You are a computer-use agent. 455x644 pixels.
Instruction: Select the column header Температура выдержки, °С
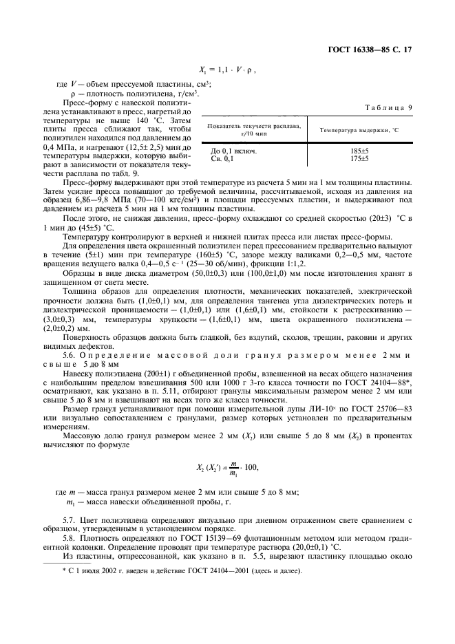tap(358, 130)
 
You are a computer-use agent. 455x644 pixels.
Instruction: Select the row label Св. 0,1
tap(222, 158)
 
